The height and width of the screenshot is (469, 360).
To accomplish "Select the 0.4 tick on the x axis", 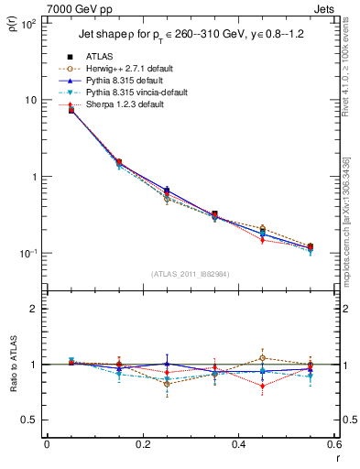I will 238,444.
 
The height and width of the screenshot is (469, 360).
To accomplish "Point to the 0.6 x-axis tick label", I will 333,444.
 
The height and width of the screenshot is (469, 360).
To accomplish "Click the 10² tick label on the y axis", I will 27,24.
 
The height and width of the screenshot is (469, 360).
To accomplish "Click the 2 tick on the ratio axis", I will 34,309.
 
